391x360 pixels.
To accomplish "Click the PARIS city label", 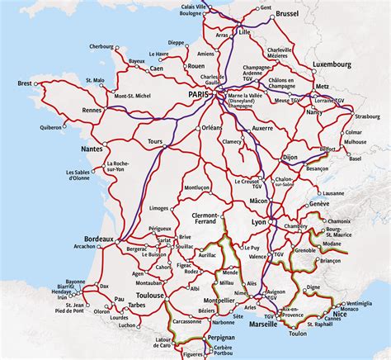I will click(200, 95).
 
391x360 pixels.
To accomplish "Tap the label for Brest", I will click(25, 84).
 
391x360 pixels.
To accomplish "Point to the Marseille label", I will click(262, 324).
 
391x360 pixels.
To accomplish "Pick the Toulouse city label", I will click(151, 295).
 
